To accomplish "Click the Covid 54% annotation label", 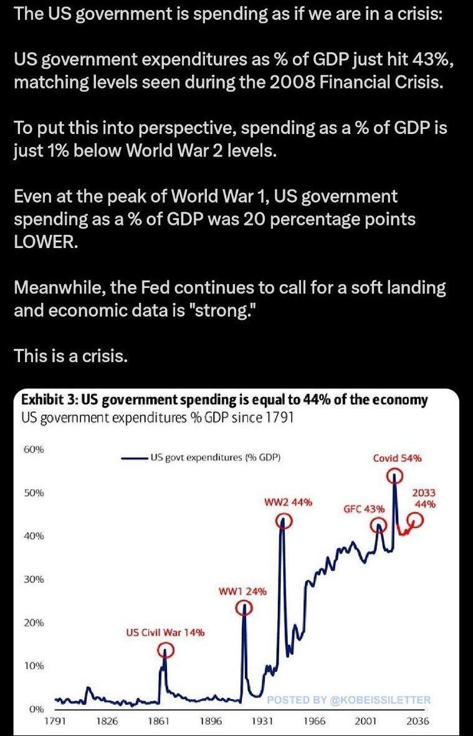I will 397,458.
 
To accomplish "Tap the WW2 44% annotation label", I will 287,502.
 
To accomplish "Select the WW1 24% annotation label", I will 243,591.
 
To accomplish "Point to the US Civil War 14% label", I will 165,633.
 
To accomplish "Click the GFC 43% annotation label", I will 364,509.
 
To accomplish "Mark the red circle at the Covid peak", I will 394,476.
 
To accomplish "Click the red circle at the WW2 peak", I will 284,522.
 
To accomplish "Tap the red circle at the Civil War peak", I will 165,651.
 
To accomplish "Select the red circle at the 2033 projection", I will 416,522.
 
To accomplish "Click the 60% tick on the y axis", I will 34,449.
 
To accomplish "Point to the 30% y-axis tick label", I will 34,579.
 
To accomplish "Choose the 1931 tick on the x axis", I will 262,721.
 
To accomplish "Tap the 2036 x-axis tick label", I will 417,721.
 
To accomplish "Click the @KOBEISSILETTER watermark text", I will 380,700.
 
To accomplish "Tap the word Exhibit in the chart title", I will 42,399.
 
